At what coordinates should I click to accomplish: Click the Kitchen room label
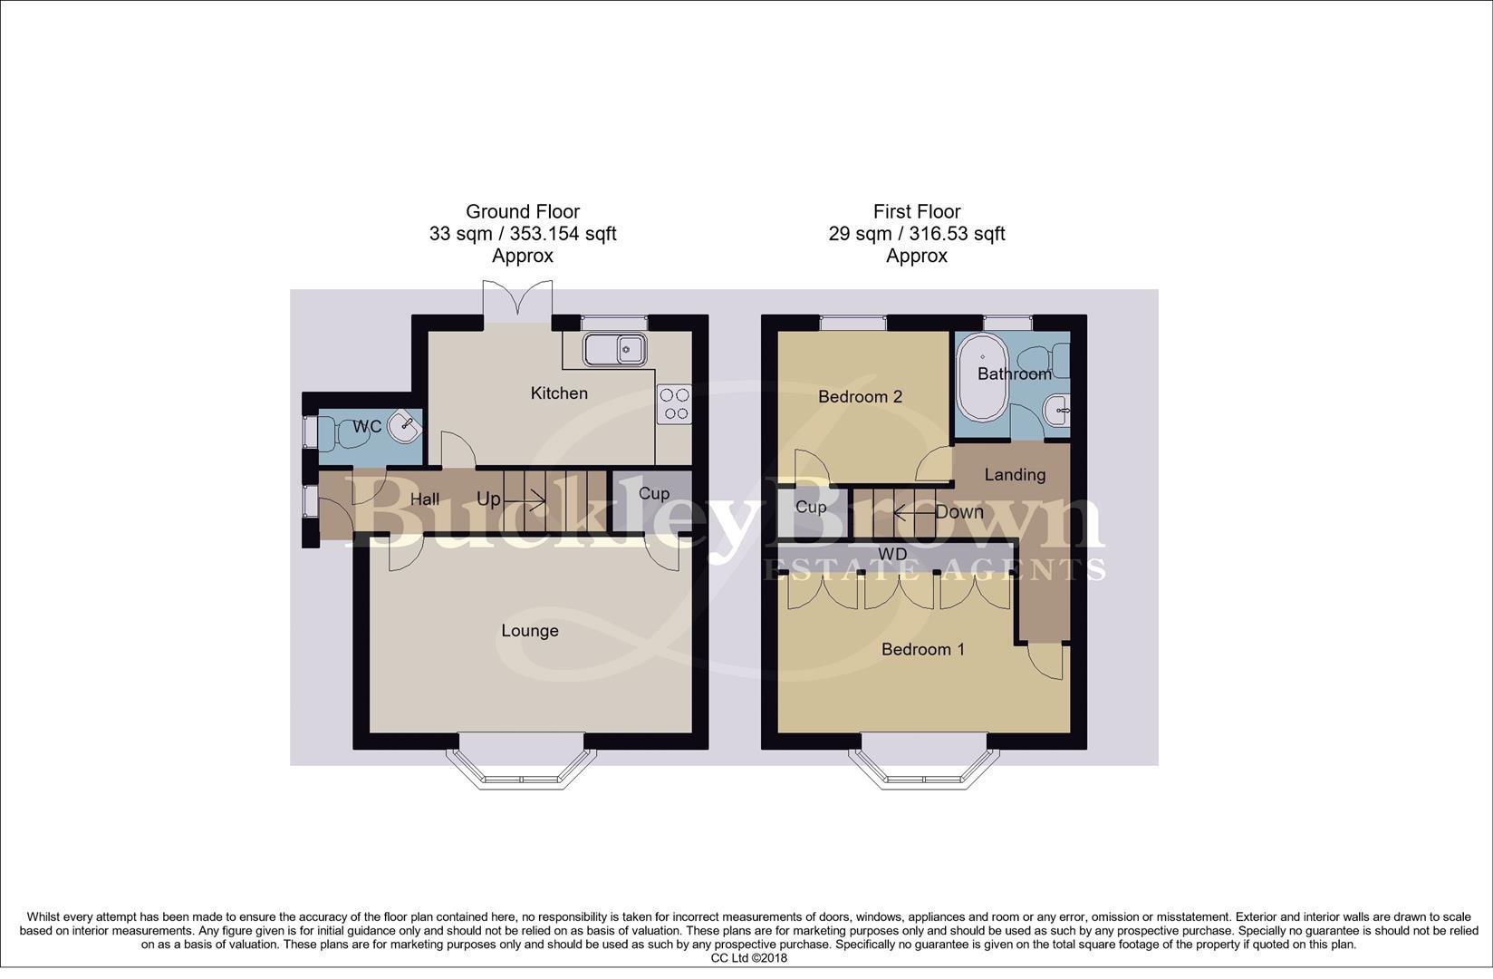pyautogui.click(x=559, y=393)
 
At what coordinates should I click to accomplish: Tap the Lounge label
pyautogui.click(x=530, y=631)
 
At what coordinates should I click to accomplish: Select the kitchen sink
pyautogui.click(x=613, y=349)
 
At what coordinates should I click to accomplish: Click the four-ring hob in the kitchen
pyautogui.click(x=674, y=403)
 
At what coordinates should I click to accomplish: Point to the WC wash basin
pyautogui.click(x=404, y=425)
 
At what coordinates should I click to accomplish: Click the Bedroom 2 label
pyautogui.click(x=860, y=397)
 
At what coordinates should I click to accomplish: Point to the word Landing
pyautogui.click(x=1015, y=475)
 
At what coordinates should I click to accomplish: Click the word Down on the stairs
pyautogui.click(x=959, y=512)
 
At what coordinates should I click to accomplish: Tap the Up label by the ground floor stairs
pyautogui.click(x=488, y=499)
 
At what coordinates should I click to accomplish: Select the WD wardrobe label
pyautogui.click(x=892, y=555)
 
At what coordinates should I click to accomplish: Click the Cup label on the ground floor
pyautogui.click(x=653, y=494)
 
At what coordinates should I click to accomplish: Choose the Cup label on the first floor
pyautogui.click(x=810, y=508)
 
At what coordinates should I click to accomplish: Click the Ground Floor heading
pyautogui.click(x=523, y=212)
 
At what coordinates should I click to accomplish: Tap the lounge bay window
pyautogui.click(x=521, y=766)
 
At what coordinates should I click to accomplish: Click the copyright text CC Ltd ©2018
pyautogui.click(x=748, y=958)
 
